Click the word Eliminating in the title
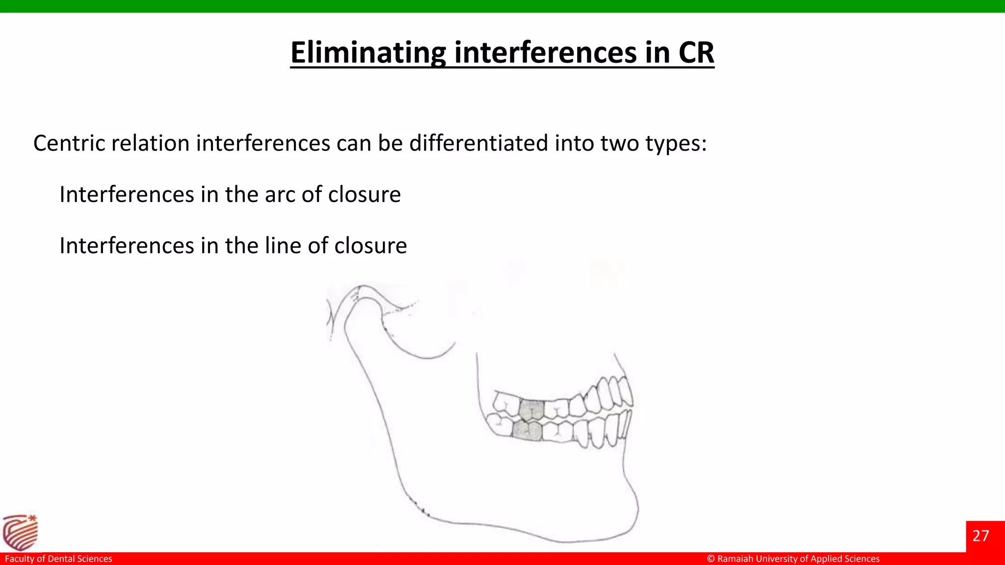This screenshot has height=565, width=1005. [368, 52]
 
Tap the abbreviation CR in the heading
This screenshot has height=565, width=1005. [696, 52]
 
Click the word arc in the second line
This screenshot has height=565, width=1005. [280, 195]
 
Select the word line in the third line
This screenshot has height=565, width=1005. [283, 246]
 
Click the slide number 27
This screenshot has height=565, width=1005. [980, 536]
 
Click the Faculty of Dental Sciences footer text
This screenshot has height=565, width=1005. [58, 559]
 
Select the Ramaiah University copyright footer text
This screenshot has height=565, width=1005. [793, 559]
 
